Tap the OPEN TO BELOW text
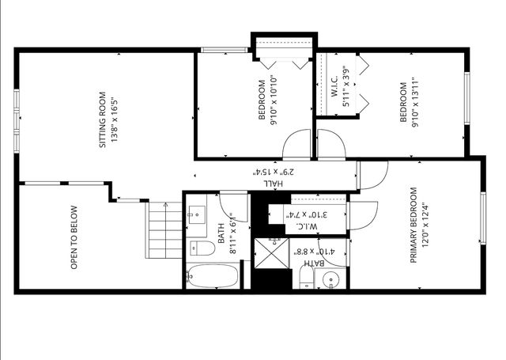click(x=74, y=238)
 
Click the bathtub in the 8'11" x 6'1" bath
click(x=212, y=278)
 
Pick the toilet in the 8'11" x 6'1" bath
click(x=202, y=249)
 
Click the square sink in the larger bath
click(x=195, y=212)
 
